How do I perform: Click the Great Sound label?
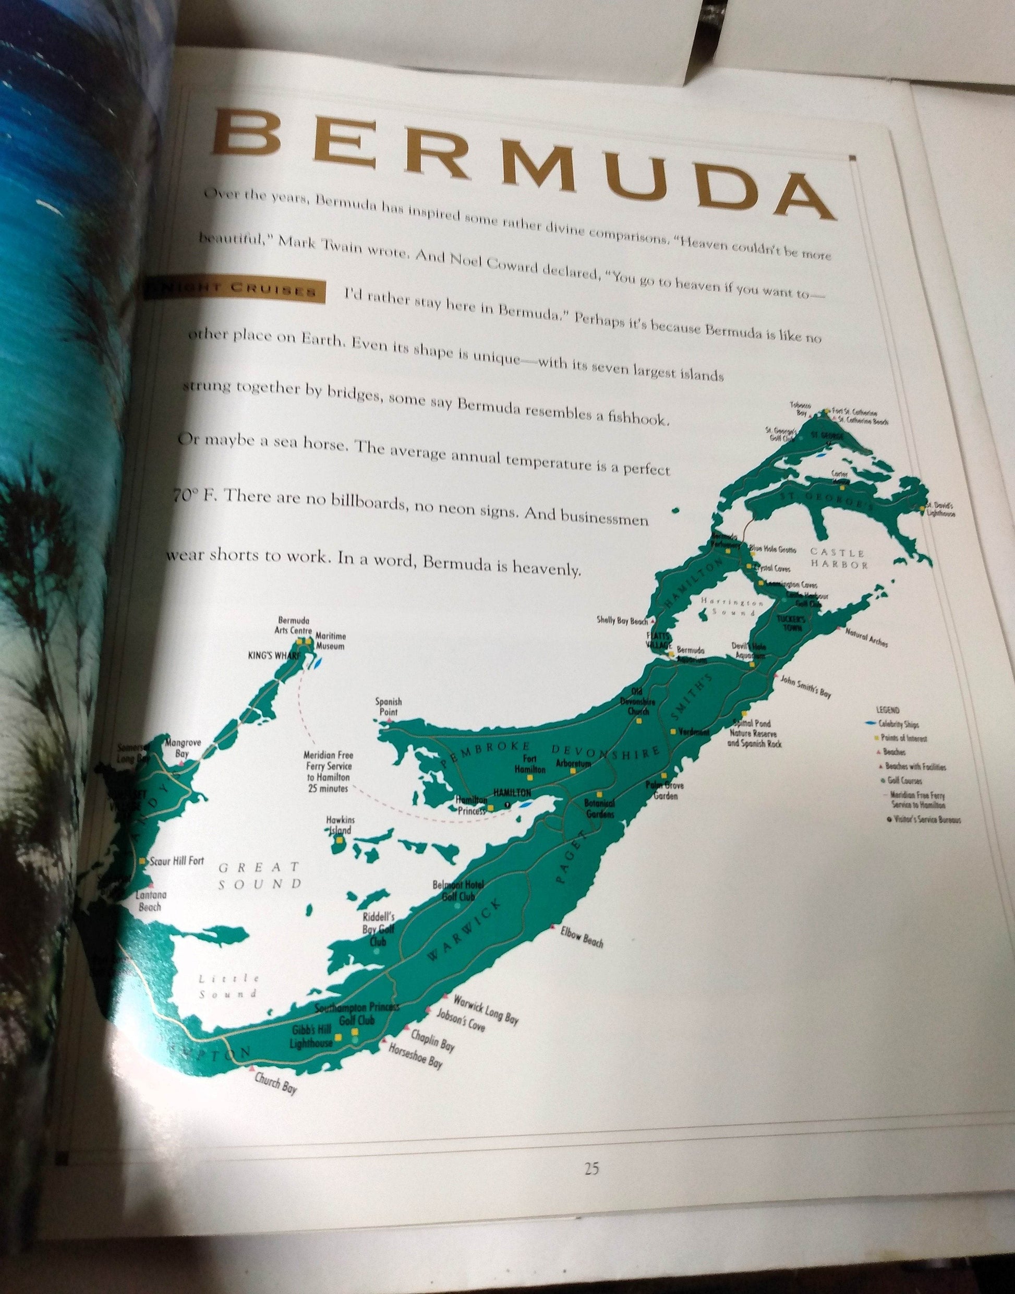259,876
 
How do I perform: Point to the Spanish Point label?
389,706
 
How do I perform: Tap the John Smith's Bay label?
805,686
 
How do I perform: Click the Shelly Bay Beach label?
622,620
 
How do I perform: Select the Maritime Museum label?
330,641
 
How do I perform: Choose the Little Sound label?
228,986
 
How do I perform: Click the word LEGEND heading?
888,710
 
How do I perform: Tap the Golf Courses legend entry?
904,781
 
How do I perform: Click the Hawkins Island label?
340,825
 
